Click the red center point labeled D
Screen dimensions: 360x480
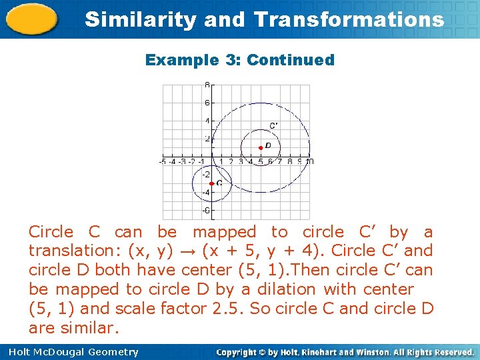(261, 147)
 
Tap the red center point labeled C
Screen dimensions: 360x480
(211, 183)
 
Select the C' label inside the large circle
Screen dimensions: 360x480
(274, 125)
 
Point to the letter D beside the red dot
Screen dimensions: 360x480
(268, 145)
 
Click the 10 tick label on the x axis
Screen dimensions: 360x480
(309, 161)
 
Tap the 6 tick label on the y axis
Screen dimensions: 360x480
(207, 103)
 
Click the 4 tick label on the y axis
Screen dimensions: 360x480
(207, 121)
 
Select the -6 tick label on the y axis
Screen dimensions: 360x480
(206, 211)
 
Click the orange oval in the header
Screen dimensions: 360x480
(31, 18)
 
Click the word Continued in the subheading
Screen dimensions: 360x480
(291, 60)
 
